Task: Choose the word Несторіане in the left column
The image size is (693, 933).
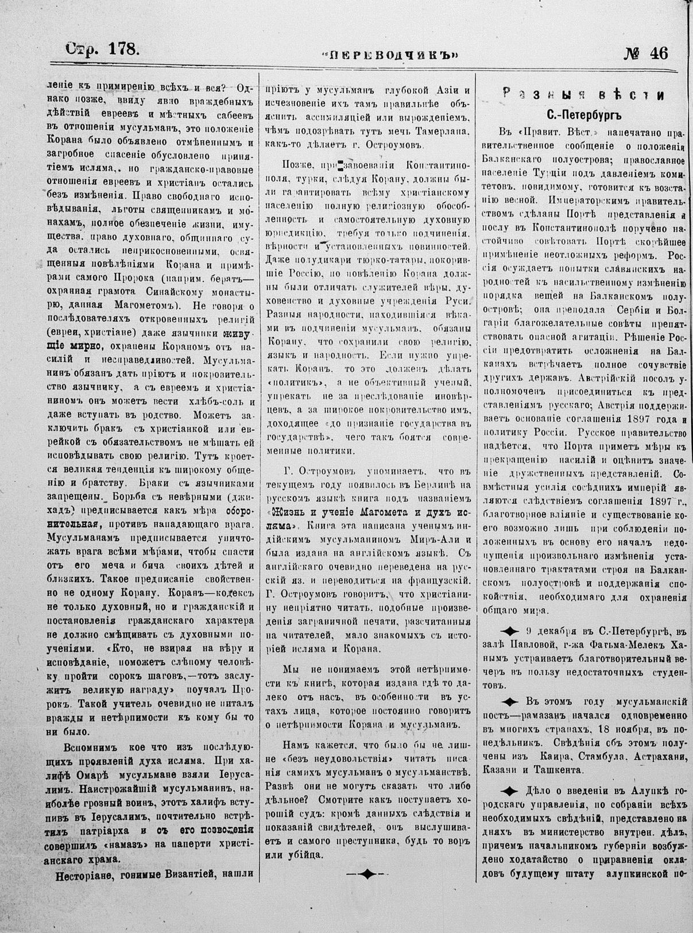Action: [89, 876]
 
